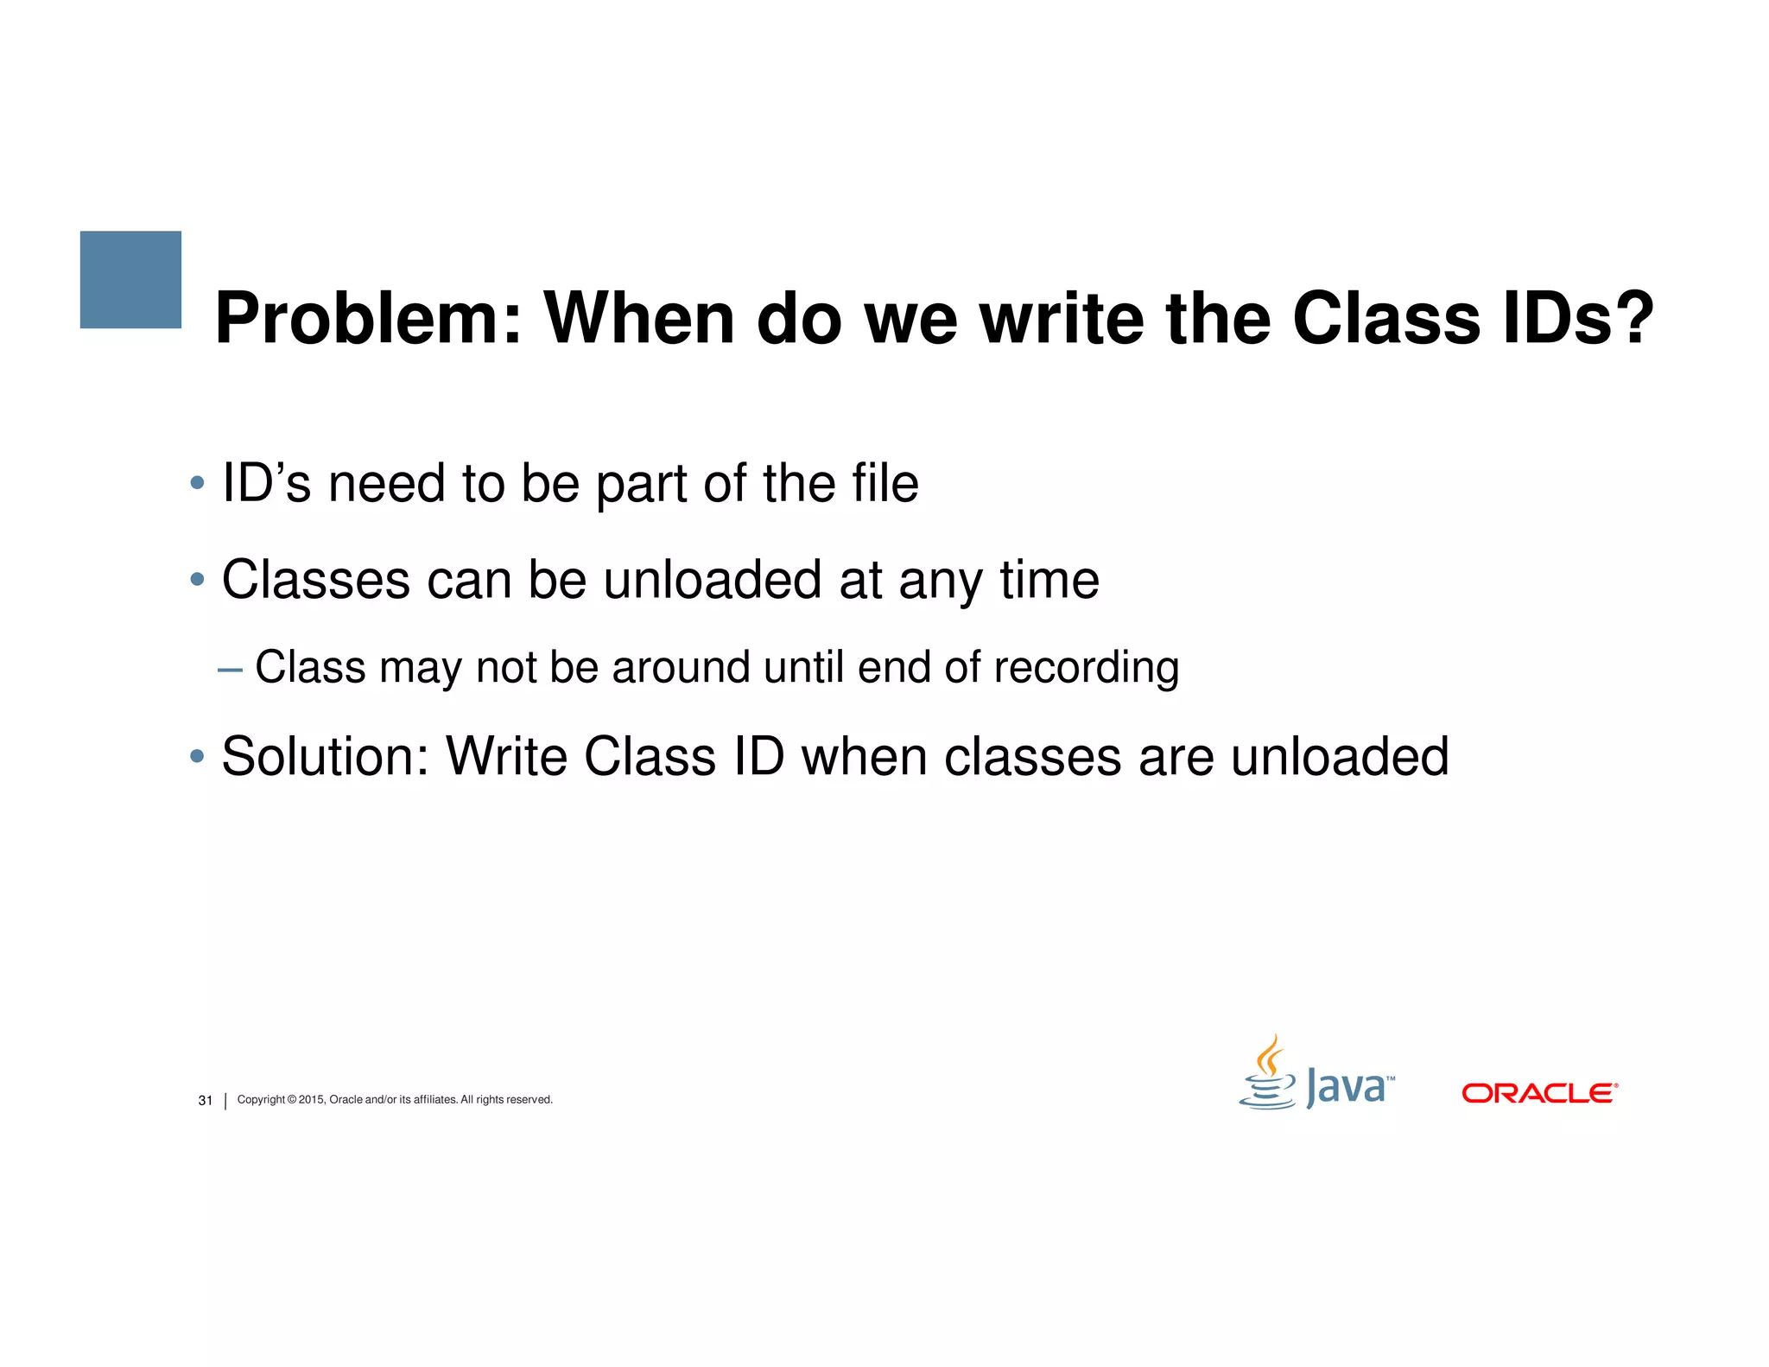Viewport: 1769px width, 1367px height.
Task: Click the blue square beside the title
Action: pos(130,279)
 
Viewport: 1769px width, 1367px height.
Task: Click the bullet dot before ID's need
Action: pos(197,482)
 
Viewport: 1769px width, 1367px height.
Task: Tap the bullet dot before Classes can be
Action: pos(197,579)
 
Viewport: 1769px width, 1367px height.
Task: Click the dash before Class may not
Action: pos(230,670)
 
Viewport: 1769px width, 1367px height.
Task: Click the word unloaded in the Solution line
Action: pos(1339,757)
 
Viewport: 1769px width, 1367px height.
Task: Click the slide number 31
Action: pos(206,1100)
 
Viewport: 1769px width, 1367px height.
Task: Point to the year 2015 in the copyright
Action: pos(311,1100)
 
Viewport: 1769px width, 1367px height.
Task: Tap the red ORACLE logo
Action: pos(1539,1093)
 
